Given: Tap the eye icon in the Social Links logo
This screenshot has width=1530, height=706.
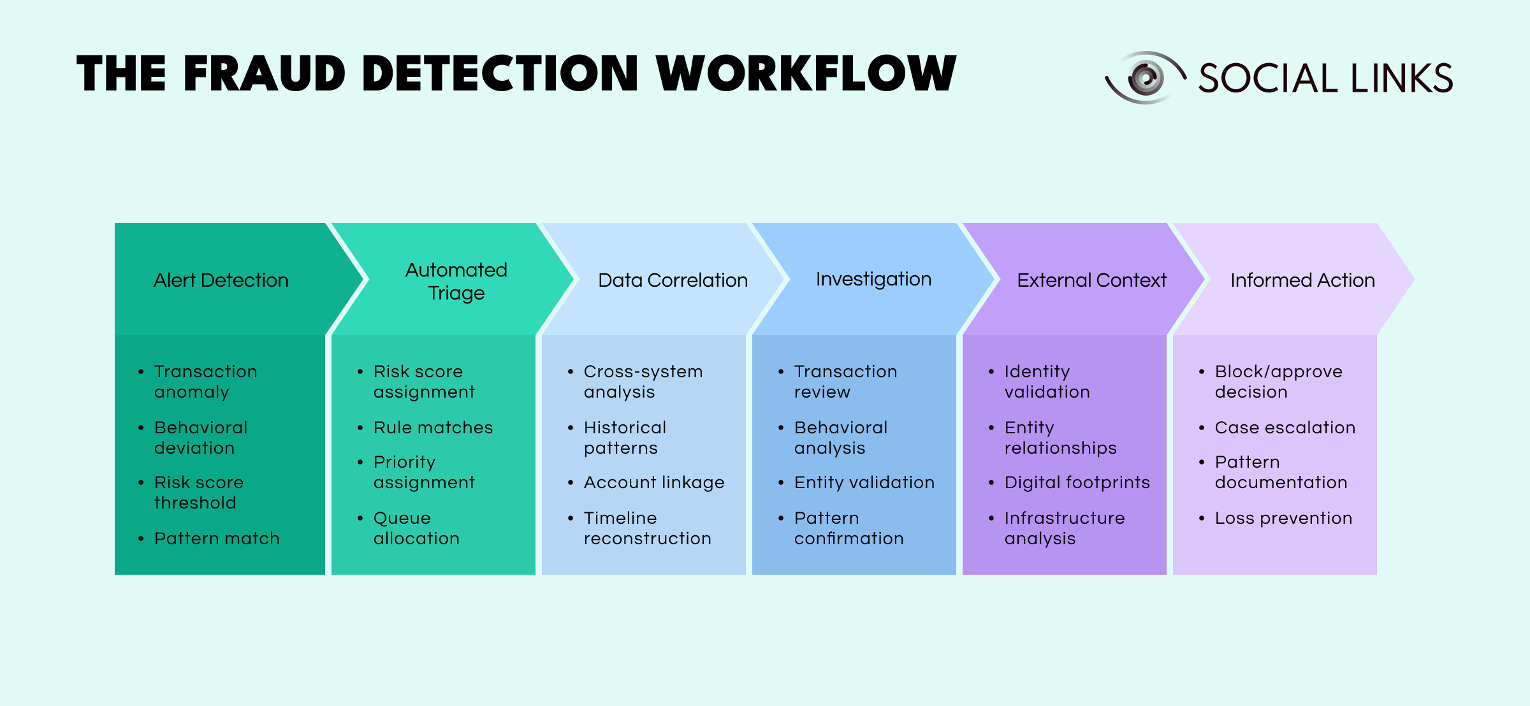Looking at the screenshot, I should [1146, 78].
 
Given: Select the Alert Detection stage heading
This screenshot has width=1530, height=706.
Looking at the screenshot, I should [221, 280].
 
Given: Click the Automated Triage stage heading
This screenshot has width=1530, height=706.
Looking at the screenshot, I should [456, 281].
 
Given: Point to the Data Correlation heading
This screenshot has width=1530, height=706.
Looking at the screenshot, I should [673, 280].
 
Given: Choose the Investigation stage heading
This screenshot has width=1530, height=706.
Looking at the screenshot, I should [873, 279].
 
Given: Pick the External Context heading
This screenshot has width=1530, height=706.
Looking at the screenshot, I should [1091, 280].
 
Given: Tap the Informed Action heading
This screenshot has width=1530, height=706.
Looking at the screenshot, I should [1302, 280].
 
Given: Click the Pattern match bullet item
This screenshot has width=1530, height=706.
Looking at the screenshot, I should [217, 538].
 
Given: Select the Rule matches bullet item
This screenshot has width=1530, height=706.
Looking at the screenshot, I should [433, 428].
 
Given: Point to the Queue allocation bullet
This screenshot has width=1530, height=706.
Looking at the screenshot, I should [416, 528].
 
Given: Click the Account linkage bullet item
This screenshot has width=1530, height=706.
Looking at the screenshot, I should [654, 482].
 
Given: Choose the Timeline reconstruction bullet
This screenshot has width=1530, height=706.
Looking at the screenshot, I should [647, 528].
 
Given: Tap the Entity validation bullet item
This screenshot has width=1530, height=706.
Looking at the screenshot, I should [864, 482].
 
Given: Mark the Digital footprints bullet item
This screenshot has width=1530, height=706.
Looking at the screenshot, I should [1077, 482].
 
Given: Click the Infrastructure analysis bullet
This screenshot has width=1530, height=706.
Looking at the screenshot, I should [1064, 528].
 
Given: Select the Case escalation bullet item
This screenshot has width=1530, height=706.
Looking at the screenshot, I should [1285, 428].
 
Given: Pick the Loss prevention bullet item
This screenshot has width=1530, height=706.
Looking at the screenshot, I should [1283, 518].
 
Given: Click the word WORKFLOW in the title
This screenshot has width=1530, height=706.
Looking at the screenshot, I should [806, 73].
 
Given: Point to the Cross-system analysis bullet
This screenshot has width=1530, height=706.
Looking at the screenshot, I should [643, 382].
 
